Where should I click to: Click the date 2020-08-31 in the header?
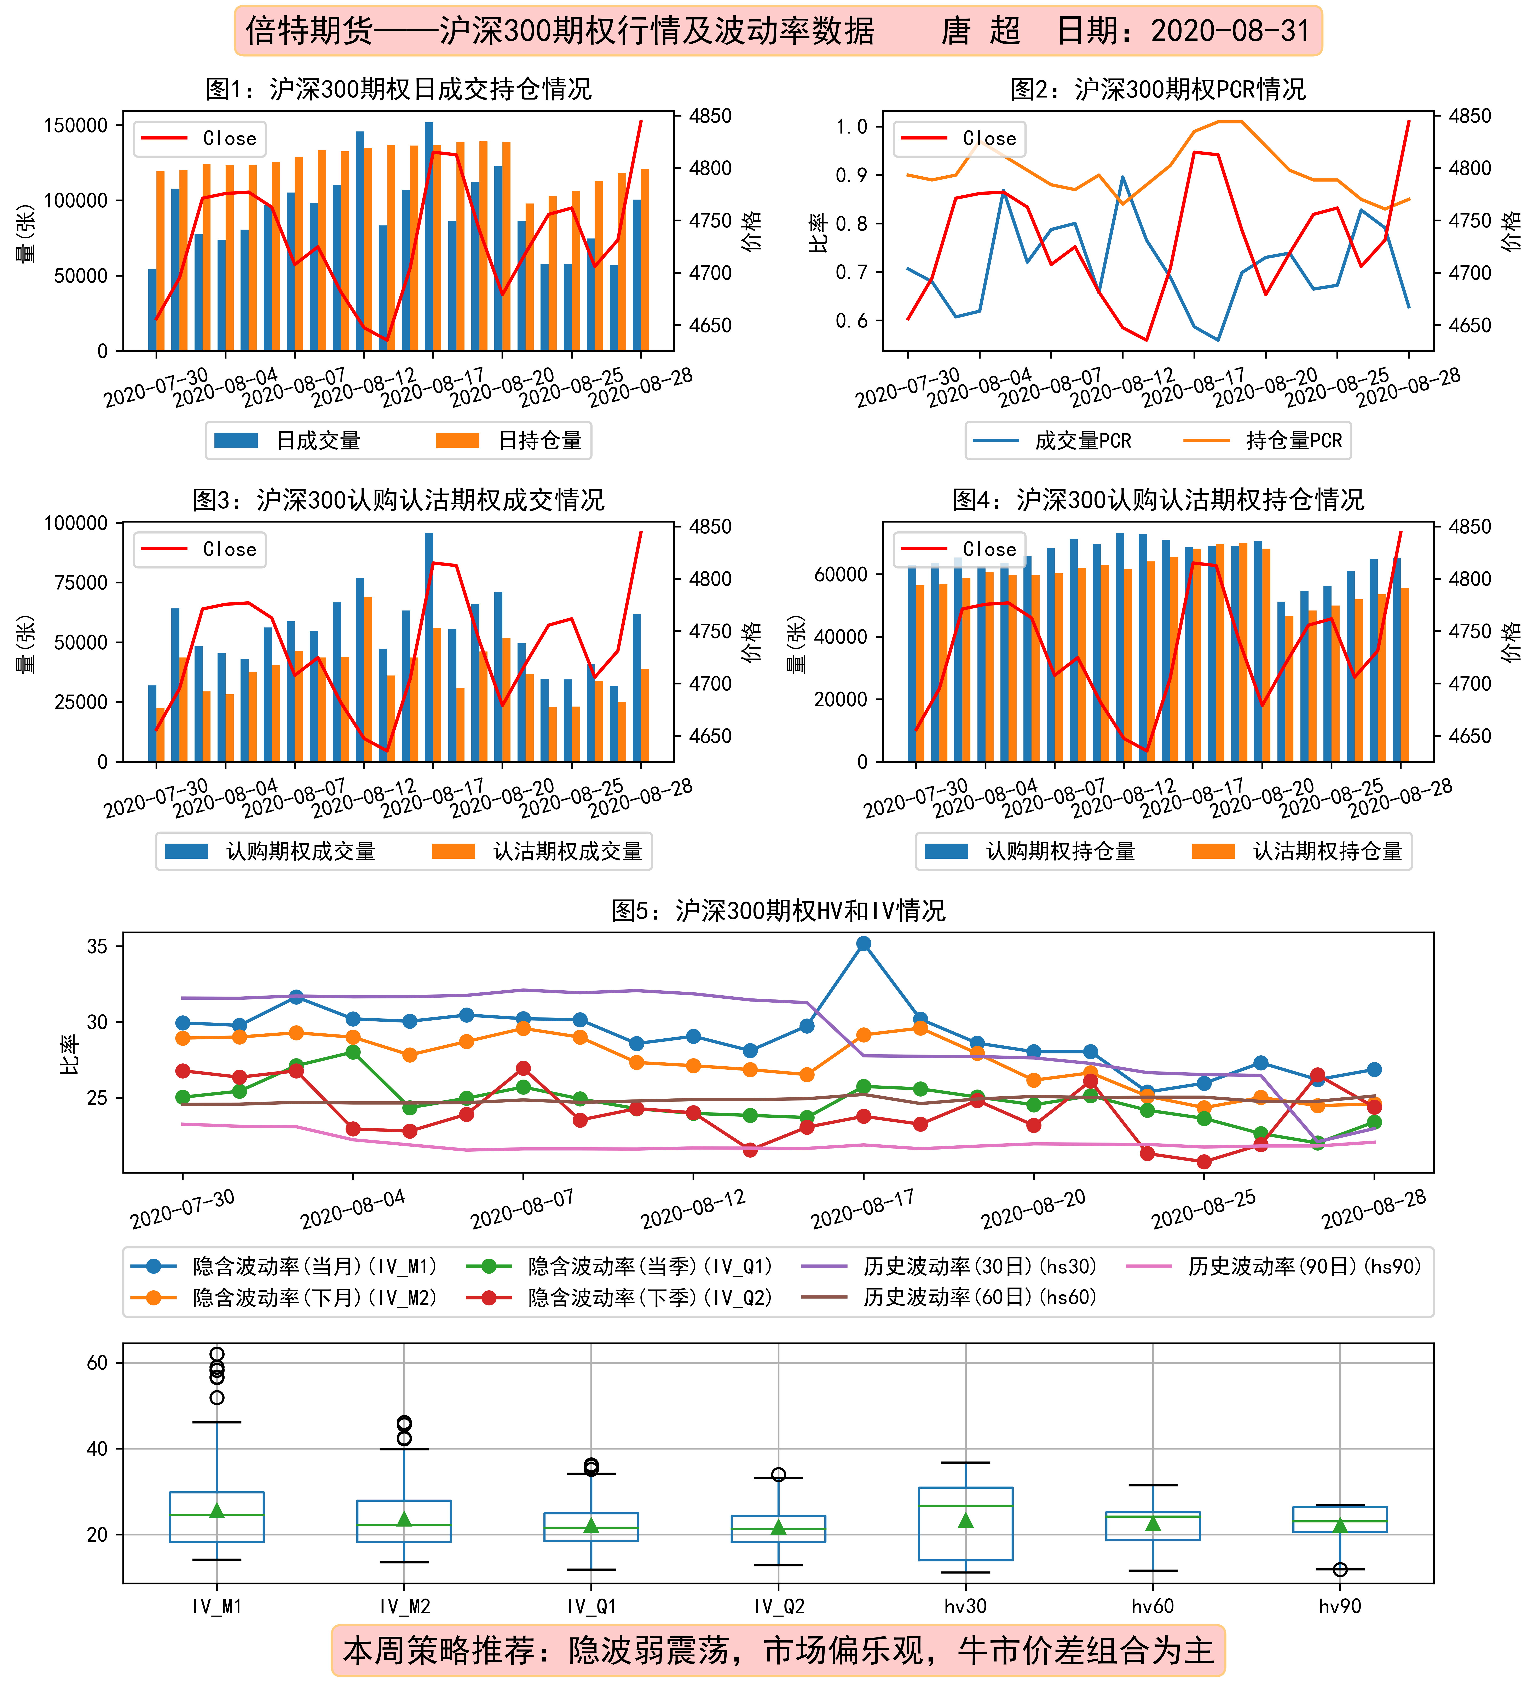pos(1230,31)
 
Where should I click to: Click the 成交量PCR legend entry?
pos(1052,441)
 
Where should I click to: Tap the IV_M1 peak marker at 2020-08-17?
pos(864,944)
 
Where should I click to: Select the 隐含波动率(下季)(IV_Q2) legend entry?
pos(619,1297)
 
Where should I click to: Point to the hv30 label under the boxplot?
pos(966,1606)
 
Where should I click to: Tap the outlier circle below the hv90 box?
pos(1340,1569)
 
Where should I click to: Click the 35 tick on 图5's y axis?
pos(98,946)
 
